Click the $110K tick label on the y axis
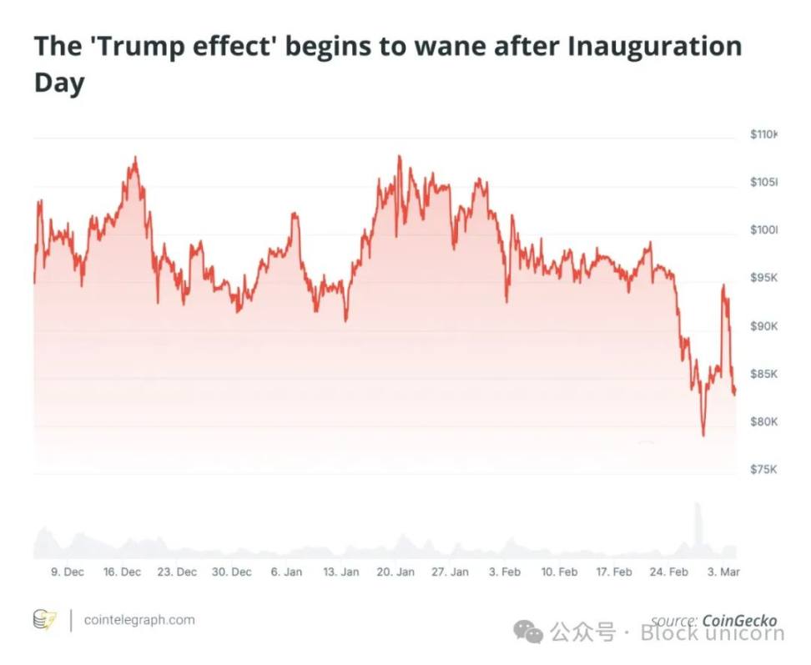point(763,134)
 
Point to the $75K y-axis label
point(763,470)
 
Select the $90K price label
point(763,325)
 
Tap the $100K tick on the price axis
point(763,230)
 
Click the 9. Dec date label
point(67,572)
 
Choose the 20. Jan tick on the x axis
point(395,572)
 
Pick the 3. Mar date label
point(723,572)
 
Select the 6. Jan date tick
point(286,572)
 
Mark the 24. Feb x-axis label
point(668,572)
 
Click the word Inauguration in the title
point(654,47)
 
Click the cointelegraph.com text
point(139,620)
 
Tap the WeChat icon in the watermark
point(528,632)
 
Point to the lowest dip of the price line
point(703,435)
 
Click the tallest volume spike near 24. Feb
point(697,506)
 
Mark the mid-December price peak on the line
point(135,157)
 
